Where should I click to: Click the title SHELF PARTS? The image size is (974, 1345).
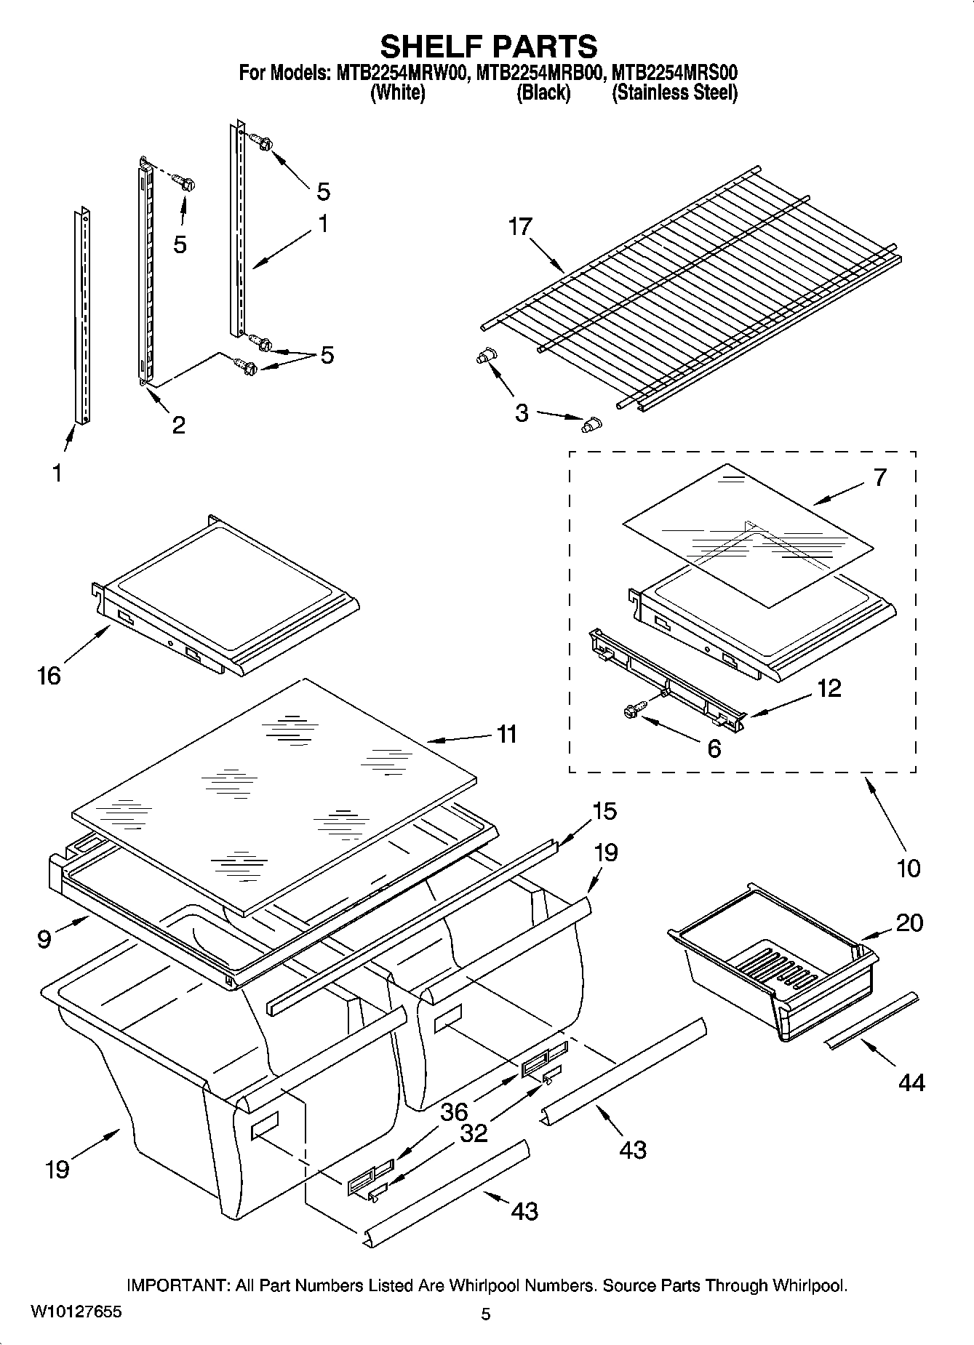[488, 47]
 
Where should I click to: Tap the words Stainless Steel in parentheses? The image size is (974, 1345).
[674, 93]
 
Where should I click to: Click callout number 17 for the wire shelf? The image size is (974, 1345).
[520, 227]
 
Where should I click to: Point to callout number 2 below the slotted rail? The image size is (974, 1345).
[178, 424]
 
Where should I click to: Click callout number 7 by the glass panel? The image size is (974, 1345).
[880, 477]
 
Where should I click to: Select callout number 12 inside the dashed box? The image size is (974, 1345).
[829, 688]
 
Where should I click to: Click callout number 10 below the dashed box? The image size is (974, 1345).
[909, 867]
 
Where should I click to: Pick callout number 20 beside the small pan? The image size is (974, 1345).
[909, 922]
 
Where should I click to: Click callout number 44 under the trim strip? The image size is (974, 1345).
[911, 1082]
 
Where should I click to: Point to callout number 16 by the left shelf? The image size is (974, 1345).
[49, 676]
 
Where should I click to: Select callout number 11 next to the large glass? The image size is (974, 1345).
[506, 734]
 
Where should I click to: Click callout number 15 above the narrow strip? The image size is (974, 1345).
[604, 810]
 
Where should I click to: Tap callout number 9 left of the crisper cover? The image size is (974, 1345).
[44, 940]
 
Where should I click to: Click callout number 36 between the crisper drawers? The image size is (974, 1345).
[454, 1111]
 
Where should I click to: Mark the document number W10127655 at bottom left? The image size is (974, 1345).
[76, 1312]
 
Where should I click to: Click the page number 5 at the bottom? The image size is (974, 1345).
[486, 1314]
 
